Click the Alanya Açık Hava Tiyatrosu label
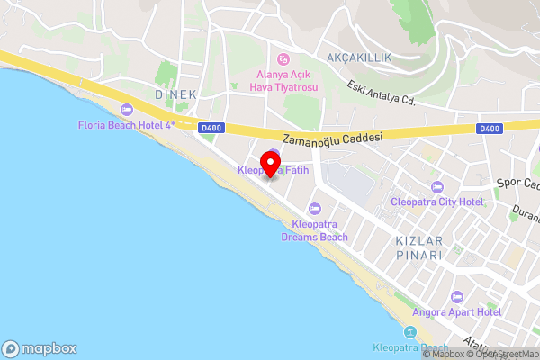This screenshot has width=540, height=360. pyautogui.click(x=283, y=81)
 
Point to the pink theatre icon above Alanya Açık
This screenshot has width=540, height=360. pyautogui.click(x=283, y=58)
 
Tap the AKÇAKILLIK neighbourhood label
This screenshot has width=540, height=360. pyautogui.click(x=359, y=58)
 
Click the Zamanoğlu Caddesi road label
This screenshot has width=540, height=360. pyautogui.click(x=333, y=139)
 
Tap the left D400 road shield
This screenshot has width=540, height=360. pyautogui.click(x=211, y=129)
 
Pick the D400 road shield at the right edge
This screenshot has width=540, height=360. pyautogui.click(x=489, y=129)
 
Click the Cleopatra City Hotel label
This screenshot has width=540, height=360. pyautogui.click(x=437, y=202)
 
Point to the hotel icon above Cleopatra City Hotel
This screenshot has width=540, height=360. pyautogui.click(x=437, y=187)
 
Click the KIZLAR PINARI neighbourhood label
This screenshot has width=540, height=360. pyautogui.click(x=418, y=248)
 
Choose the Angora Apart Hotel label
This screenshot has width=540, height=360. pyautogui.click(x=456, y=312)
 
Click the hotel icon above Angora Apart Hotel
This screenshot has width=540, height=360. pyautogui.click(x=456, y=297)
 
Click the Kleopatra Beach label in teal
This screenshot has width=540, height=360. pyautogui.click(x=410, y=347)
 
